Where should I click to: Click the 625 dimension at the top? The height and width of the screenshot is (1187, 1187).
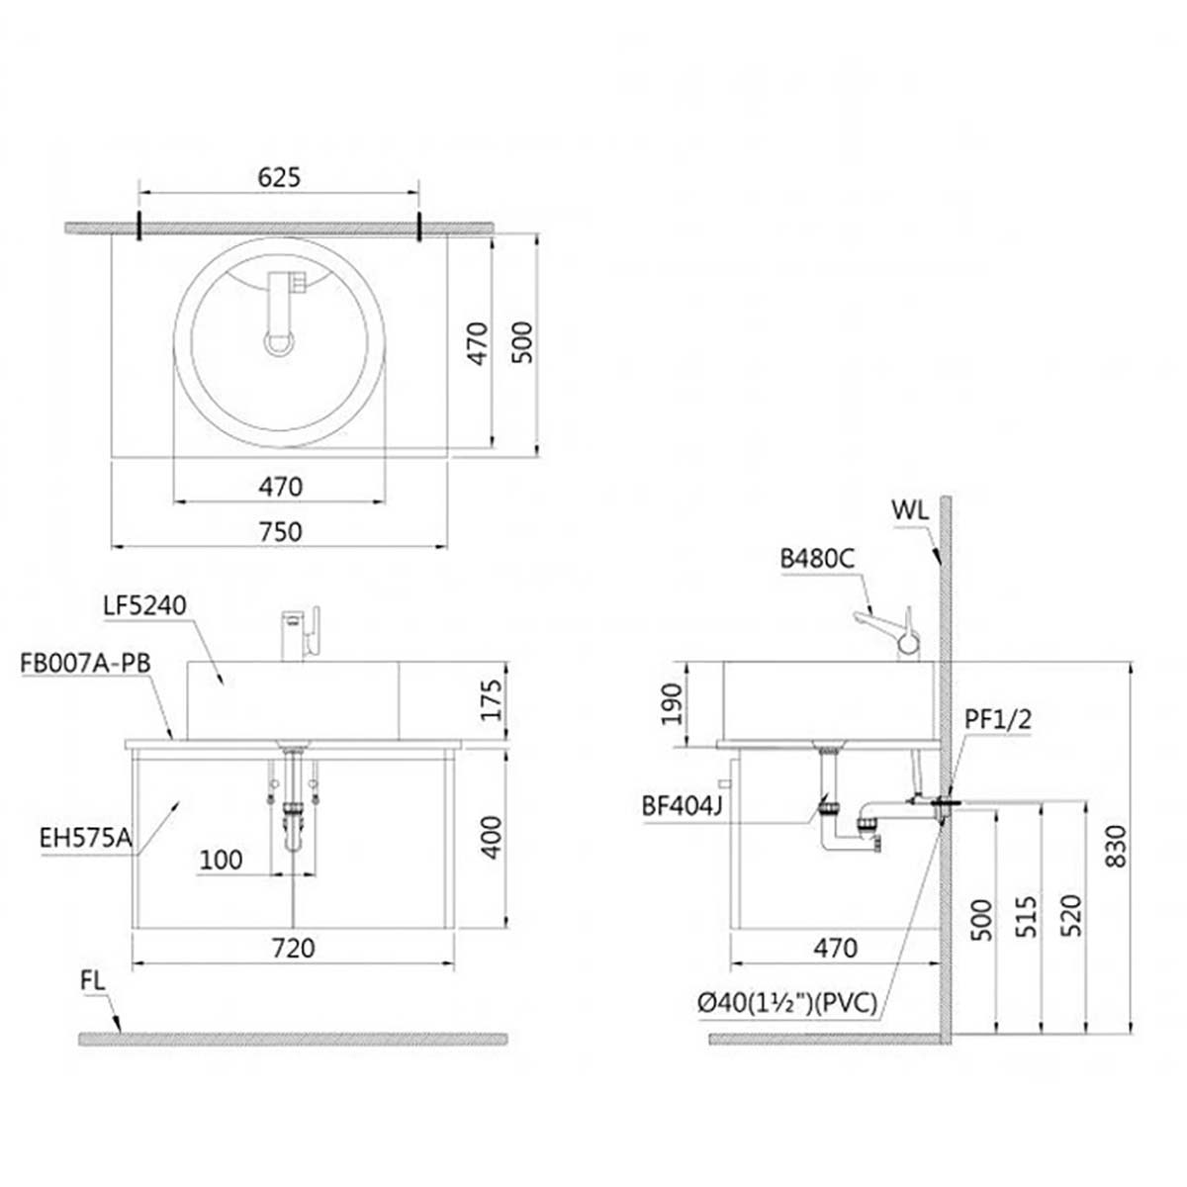(279, 177)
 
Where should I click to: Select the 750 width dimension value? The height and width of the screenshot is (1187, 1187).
(280, 531)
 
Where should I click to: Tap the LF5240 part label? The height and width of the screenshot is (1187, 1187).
(144, 606)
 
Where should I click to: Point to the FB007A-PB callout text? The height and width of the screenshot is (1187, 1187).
(86, 664)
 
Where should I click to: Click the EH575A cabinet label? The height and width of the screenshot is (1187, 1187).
(86, 839)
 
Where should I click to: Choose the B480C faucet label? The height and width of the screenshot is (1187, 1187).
(817, 559)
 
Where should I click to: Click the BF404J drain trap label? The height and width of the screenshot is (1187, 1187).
(682, 806)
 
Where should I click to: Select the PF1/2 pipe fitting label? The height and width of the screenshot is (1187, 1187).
(997, 719)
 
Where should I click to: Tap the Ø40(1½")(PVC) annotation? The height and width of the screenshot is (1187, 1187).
(787, 1003)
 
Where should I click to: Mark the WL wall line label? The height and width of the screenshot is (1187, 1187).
(909, 510)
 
